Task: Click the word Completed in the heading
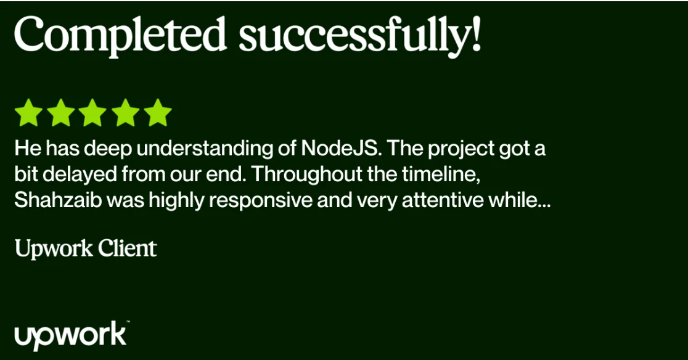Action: [120, 35]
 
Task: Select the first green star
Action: [28, 113]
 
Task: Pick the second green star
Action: [60, 113]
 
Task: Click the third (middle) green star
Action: [92, 113]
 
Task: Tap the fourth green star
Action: [126, 113]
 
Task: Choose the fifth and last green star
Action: [158, 113]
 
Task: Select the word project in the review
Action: [461, 149]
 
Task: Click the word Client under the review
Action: [127, 248]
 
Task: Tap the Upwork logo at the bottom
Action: [71, 335]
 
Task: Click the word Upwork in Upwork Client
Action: [54, 249]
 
